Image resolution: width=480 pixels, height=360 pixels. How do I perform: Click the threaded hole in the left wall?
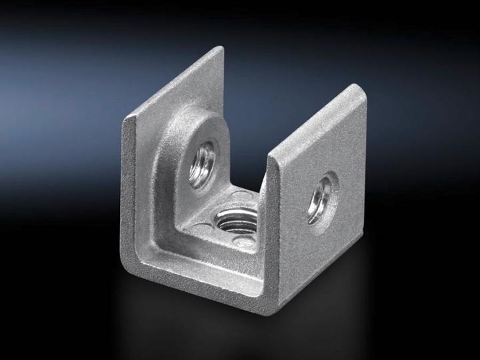(x=203, y=163)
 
